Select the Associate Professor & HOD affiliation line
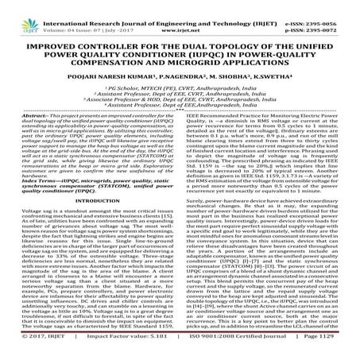(180, 97)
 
